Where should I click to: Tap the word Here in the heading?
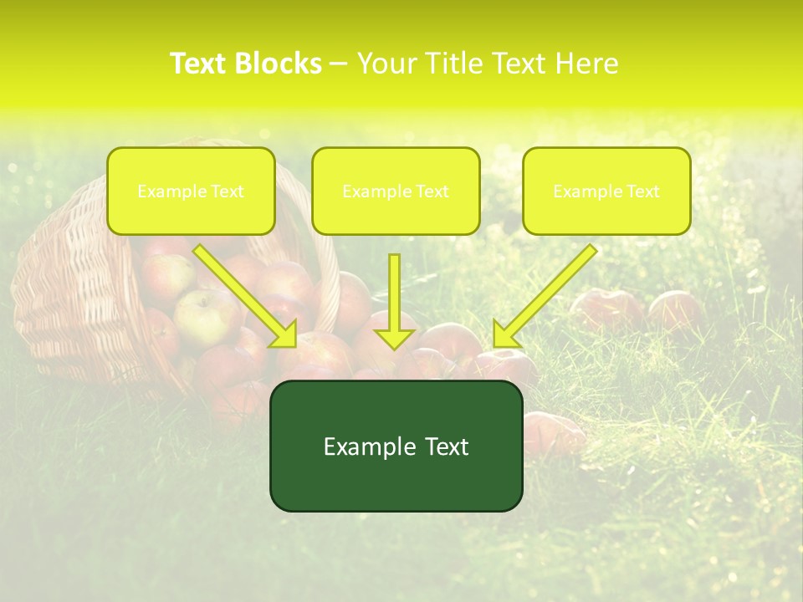[585, 64]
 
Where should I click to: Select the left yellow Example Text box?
[191, 191]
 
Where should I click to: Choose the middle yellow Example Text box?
[396, 191]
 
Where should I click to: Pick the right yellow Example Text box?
[606, 191]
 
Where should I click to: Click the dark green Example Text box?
[396, 446]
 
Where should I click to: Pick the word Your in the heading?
[385, 64]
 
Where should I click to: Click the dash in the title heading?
[339, 64]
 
